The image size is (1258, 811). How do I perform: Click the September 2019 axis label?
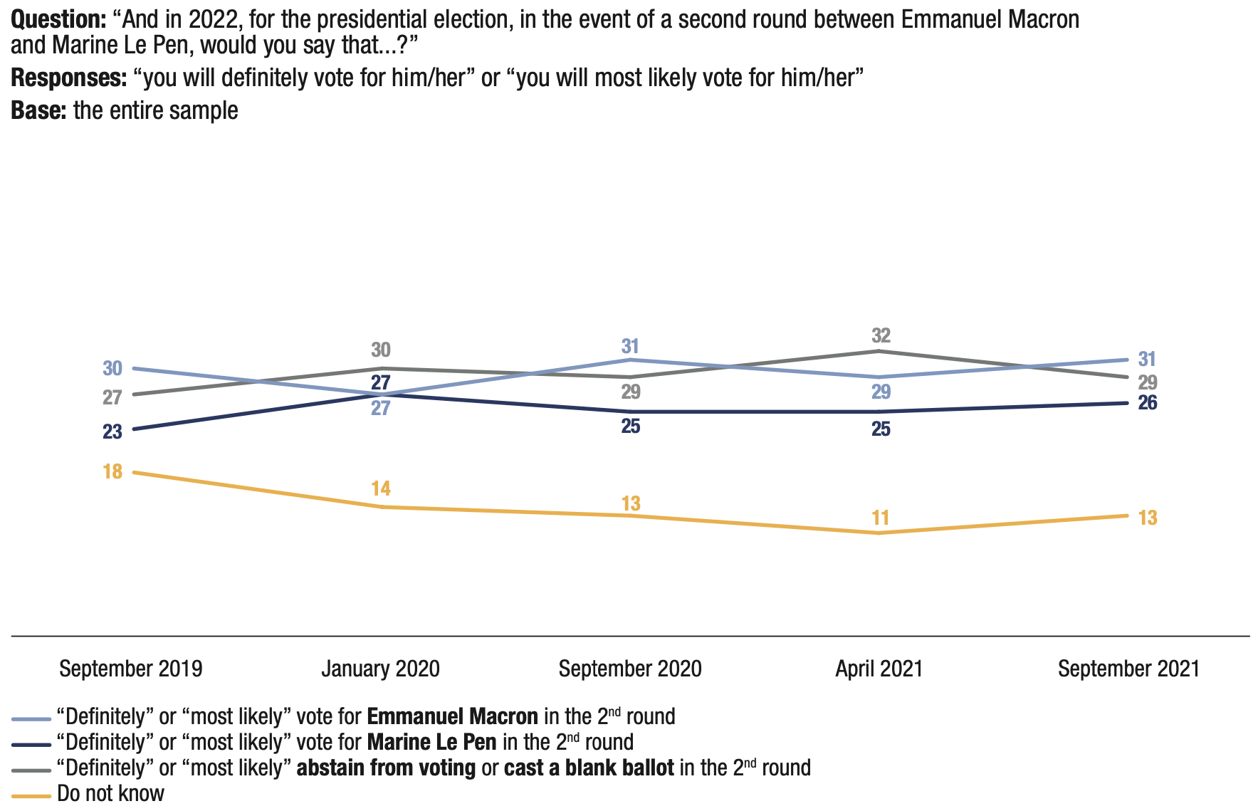coord(131,669)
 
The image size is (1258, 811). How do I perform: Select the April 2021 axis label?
coord(879,669)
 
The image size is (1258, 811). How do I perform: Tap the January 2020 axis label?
coord(380,669)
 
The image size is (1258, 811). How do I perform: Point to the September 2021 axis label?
coord(1128,669)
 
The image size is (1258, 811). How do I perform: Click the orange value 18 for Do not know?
coord(112,471)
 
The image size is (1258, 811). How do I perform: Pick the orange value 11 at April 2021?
coord(881,518)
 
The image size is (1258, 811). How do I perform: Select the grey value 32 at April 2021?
coord(881,335)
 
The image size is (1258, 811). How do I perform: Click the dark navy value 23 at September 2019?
coord(112,431)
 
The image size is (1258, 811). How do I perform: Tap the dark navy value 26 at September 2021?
coord(1148,403)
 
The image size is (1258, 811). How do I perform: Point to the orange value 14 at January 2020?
coord(381,488)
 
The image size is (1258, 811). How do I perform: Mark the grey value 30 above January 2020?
coord(381,350)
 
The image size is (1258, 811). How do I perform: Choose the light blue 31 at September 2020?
coord(630,347)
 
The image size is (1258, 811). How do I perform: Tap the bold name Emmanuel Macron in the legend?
coord(453,716)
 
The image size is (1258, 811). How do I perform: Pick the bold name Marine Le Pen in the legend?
coord(431,742)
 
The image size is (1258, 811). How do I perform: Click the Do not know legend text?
coord(111,793)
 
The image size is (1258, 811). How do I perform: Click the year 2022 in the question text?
coord(213,19)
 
